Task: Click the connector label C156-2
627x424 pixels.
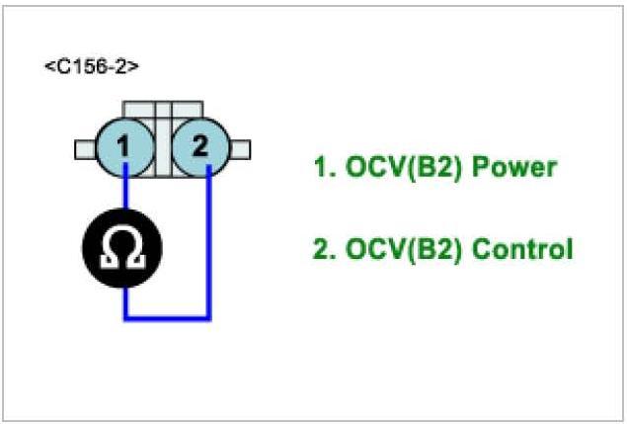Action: click(x=91, y=66)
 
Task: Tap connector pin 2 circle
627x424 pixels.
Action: click(x=200, y=147)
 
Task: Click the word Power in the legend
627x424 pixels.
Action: click(x=513, y=167)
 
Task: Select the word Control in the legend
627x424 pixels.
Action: click(x=522, y=249)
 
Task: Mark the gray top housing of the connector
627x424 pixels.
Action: click(x=163, y=108)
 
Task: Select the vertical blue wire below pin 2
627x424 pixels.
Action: click(x=208, y=247)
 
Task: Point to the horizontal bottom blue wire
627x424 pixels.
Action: click(x=166, y=317)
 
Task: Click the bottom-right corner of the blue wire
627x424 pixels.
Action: click(x=208, y=317)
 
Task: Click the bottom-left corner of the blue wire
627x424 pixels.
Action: click(x=125, y=317)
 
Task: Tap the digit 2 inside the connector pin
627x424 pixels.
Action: click(x=200, y=147)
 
